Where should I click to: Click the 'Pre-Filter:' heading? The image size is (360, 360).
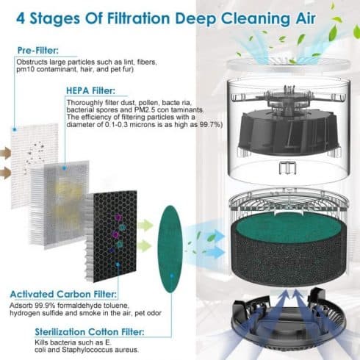pos(38,51)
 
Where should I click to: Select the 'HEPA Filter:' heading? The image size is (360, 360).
pos(90,91)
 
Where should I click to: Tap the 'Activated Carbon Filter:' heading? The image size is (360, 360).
pos(63,294)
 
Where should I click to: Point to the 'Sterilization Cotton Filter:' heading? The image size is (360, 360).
pos(90,332)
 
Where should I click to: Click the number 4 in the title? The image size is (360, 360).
pos(21,18)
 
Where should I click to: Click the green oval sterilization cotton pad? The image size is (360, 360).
pos(170,249)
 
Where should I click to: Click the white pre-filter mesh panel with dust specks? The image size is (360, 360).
pos(35,166)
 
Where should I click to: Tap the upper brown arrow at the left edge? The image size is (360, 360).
pos(5,153)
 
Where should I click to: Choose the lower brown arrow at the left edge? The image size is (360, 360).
pos(5,173)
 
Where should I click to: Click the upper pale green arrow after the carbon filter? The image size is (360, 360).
pos(145,226)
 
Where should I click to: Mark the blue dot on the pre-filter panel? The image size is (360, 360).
pos(15,129)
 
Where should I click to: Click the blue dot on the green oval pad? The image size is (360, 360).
pos(172,276)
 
